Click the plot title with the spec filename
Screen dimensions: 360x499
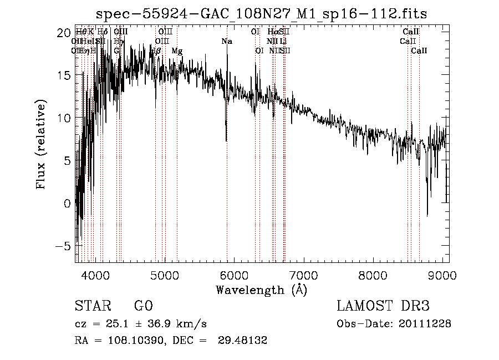(x=262, y=14)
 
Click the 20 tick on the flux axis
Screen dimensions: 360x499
(x=64, y=32)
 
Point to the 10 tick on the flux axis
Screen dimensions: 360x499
(x=64, y=118)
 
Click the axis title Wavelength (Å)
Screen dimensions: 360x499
(x=261, y=289)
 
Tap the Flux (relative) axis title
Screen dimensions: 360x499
(x=42, y=144)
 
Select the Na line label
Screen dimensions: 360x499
(x=227, y=41)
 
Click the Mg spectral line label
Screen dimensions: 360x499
(x=177, y=50)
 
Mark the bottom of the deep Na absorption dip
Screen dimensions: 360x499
(x=226, y=140)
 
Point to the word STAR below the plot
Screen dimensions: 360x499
(x=93, y=306)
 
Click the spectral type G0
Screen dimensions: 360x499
(x=143, y=306)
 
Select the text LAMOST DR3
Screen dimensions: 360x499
(x=383, y=306)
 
